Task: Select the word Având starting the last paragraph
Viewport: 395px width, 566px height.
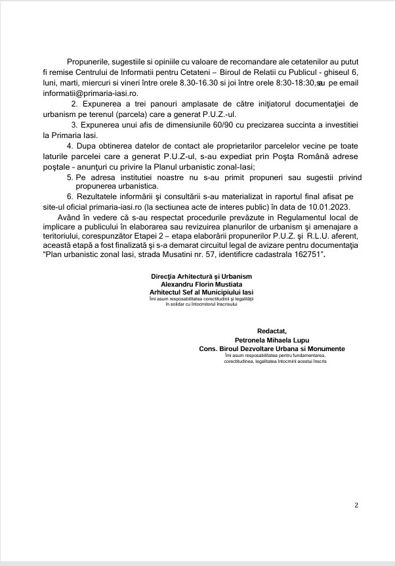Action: (70, 217)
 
